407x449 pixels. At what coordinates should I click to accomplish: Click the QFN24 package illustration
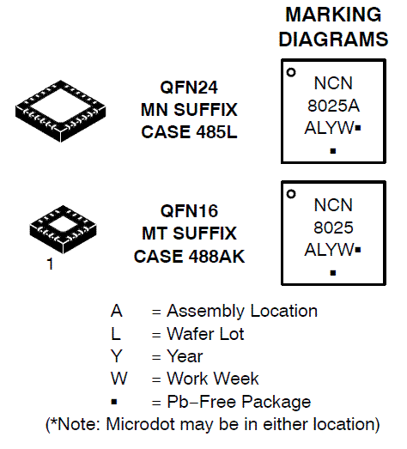[60, 111]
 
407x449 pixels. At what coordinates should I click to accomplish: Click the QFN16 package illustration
[63, 229]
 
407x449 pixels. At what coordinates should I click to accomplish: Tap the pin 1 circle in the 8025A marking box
[291, 72]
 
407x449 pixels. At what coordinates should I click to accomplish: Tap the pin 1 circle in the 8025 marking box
[291, 194]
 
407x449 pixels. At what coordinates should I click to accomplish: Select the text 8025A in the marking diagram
[333, 106]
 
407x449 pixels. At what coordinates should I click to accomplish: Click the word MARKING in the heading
[333, 15]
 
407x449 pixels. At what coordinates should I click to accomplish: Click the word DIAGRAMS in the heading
[333, 39]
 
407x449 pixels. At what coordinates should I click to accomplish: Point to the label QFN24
[189, 87]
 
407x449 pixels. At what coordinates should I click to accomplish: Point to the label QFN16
[189, 210]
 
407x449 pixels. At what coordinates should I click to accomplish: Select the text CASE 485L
[189, 132]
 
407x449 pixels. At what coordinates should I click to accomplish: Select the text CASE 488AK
[189, 256]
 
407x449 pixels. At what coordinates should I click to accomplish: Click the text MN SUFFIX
[189, 110]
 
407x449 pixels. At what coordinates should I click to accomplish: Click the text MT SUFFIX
[189, 234]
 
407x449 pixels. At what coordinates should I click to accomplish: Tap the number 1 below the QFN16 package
[50, 264]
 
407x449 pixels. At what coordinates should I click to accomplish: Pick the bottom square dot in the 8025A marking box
[333, 151]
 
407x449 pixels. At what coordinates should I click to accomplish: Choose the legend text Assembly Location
[242, 312]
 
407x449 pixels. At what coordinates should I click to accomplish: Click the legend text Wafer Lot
[205, 334]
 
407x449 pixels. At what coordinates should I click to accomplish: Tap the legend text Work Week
[213, 379]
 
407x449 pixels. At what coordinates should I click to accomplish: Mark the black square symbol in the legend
[114, 402]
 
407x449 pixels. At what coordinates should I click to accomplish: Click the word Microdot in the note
[140, 424]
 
